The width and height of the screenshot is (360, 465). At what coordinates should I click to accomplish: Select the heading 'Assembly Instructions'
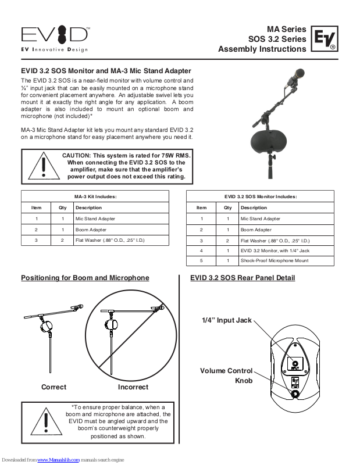point(262,49)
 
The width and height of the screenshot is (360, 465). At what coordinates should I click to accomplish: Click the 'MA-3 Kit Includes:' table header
point(95,196)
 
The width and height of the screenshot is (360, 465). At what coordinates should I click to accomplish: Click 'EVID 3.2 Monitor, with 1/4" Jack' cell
point(275,251)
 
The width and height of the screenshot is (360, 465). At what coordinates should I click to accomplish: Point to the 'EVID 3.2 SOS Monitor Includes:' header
point(260,196)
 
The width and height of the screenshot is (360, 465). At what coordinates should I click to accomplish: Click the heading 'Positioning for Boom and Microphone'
point(85,278)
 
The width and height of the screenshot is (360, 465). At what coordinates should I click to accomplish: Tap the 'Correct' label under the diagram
point(54,387)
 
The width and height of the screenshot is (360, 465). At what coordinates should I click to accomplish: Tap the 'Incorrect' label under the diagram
point(133,387)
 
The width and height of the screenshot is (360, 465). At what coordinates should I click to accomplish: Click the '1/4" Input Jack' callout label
point(227,321)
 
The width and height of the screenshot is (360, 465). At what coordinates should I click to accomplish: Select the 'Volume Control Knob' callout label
point(227,375)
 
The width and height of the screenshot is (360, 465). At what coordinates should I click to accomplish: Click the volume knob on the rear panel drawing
point(295,394)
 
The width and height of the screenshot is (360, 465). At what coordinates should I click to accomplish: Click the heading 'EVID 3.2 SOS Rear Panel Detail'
point(243,278)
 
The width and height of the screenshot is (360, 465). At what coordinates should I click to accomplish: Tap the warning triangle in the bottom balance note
point(43,421)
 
